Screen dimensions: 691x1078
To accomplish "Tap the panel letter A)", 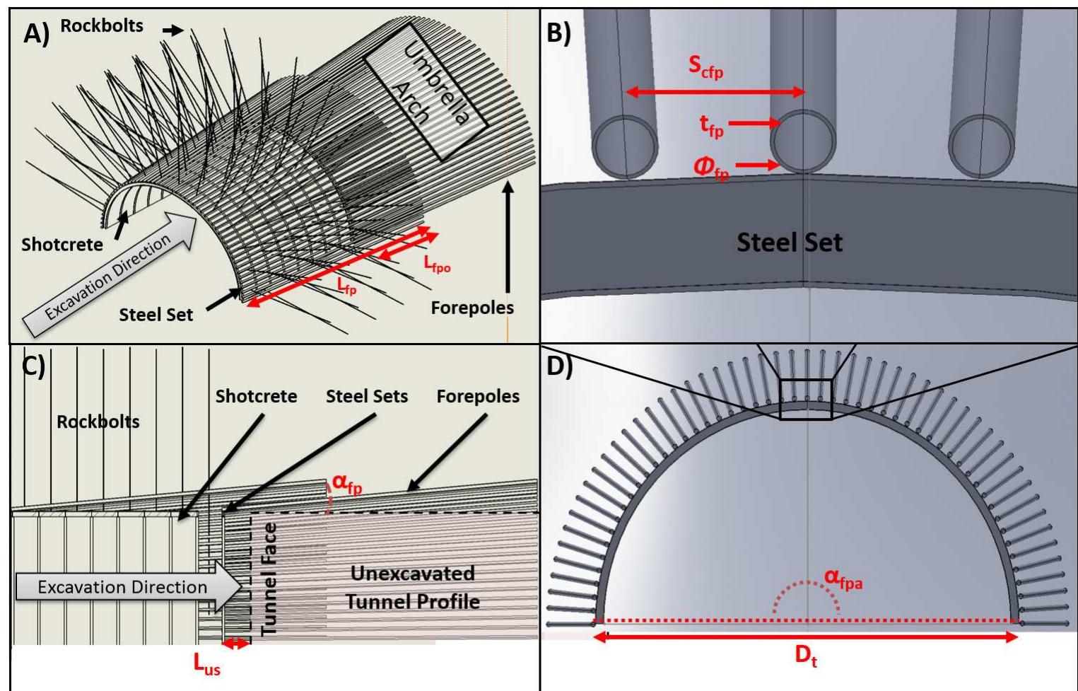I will pos(35,33).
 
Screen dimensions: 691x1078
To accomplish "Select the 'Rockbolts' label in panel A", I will pos(102,26).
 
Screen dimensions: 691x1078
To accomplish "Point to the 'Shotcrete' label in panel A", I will pos(62,245).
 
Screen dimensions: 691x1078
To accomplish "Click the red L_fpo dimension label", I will pos(437,265).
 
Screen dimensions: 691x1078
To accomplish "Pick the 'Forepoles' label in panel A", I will pos(472,308).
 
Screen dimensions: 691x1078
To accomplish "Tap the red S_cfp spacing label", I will pos(705,67).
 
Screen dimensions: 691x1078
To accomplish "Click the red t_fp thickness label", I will pos(712,125).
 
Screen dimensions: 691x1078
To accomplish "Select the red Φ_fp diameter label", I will pos(711,168).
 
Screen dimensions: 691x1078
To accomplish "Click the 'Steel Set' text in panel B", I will pos(789,243).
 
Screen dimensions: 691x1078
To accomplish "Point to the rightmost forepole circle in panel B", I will pos(980,146).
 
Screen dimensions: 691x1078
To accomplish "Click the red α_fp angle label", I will pos(346,484).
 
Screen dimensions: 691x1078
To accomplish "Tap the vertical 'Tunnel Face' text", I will pos(269,579).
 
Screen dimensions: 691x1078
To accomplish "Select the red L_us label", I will pos(207,664).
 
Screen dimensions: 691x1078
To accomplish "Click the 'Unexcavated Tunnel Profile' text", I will pos(412,587).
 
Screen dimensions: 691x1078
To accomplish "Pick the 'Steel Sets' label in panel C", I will pos(366,396).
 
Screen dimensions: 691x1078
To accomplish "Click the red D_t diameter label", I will pos(805,656).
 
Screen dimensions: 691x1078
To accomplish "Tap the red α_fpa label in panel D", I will pos(843,579).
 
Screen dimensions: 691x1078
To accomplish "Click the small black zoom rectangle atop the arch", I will pos(806,399).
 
